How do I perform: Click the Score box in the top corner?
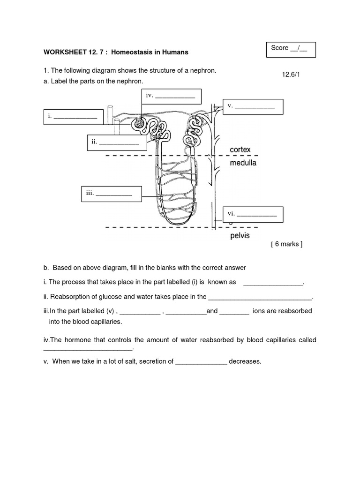coord(291,49)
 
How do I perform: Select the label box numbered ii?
coord(117,142)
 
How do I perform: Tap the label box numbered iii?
coord(111,194)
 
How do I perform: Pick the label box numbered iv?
coord(172,96)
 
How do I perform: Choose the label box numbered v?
coord(253,107)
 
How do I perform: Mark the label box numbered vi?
coord(254,214)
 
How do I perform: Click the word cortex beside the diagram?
coord(240,150)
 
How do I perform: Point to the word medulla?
coord(243,164)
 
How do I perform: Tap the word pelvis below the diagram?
coord(240,236)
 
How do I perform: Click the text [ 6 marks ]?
coord(287,244)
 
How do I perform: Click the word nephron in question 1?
coord(202,70)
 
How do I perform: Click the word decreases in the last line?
coord(245,361)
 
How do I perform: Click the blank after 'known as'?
coord(273,282)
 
